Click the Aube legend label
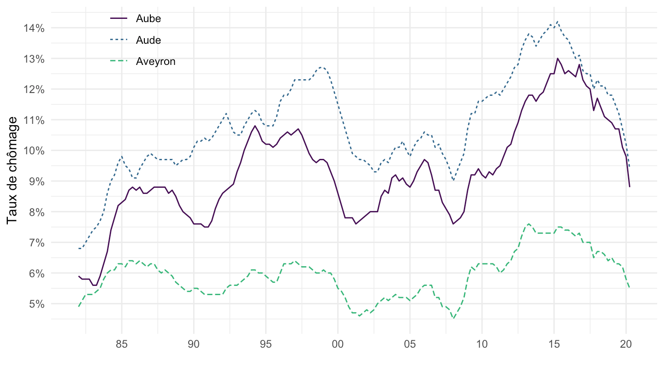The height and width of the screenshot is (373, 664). coord(148,18)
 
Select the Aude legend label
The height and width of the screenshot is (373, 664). coord(148,40)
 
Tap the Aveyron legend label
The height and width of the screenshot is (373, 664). coord(155,62)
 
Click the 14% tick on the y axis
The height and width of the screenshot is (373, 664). coord(35,28)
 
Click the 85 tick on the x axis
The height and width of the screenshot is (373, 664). coord(122,344)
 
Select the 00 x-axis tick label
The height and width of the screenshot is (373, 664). coord(338,344)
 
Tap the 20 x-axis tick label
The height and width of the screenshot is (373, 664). coord(626,344)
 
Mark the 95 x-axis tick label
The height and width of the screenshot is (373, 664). coord(266,344)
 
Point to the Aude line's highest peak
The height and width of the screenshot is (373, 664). coord(557,21)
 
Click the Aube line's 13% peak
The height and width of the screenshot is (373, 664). coord(557,58)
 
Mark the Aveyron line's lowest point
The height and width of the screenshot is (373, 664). coord(454,318)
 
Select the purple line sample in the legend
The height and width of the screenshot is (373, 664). coord(119,18)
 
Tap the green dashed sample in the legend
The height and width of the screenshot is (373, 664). coord(119,62)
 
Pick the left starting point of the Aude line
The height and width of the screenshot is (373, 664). coord(79,249)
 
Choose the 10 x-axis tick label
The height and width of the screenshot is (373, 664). coord(482,344)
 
